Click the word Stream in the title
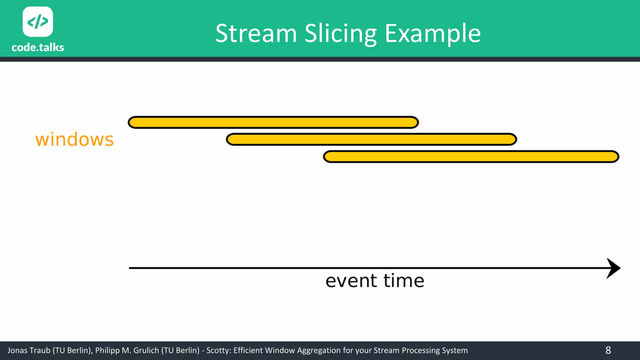click(256, 33)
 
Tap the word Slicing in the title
click(341, 33)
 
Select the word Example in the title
click(432, 33)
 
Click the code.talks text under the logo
click(38, 47)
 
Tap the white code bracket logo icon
click(38, 22)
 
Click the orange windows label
click(74, 140)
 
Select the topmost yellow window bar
click(273, 122)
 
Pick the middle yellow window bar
click(371, 139)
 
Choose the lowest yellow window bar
click(471, 157)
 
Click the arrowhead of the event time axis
click(613, 268)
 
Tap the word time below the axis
click(404, 281)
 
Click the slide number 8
click(608, 350)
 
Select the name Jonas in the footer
click(17, 350)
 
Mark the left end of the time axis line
click(130, 268)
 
